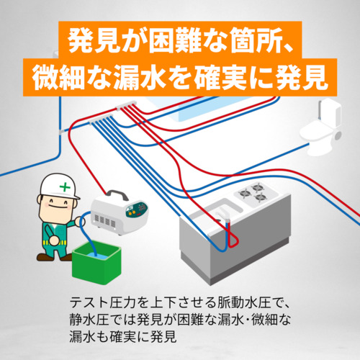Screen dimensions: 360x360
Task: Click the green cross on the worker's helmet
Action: [65, 186]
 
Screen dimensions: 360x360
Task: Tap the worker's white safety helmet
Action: [59, 186]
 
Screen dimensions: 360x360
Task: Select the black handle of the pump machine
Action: [117, 194]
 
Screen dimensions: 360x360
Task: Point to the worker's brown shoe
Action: [45, 257]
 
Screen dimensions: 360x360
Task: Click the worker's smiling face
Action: [57, 207]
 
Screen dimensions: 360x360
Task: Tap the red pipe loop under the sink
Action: [232, 238]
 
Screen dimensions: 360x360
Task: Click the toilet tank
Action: [330, 112]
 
